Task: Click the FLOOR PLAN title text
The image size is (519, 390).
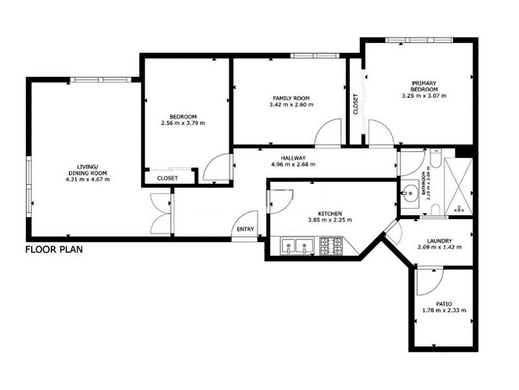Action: (x=54, y=249)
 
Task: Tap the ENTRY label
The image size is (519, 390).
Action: (x=245, y=229)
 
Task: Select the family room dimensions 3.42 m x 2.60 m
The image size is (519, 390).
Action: (x=292, y=105)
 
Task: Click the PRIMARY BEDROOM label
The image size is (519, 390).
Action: (x=424, y=86)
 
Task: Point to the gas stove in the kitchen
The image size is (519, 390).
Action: (x=331, y=246)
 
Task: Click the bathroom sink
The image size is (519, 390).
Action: (x=410, y=193)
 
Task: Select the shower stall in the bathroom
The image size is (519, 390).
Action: (x=458, y=187)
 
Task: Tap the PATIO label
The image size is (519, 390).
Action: (x=444, y=304)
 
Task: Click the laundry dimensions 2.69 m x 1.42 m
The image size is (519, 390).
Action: (x=439, y=247)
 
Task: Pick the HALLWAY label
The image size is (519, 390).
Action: (x=293, y=158)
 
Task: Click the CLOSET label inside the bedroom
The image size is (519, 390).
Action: (x=167, y=178)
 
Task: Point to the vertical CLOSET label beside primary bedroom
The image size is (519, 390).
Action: (x=356, y=104)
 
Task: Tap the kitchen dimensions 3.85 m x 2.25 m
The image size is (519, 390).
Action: (x=330, y=220)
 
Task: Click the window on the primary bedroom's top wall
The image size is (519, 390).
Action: (x=419, y=40)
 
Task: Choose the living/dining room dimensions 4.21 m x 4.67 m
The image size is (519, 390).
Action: (x=88, y=180)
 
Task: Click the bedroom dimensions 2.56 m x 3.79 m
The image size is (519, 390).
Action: (x=183, y=123)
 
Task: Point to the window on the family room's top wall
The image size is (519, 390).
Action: (x=315, y=56)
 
